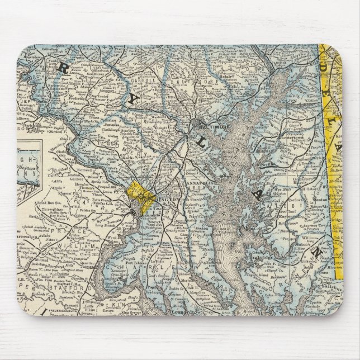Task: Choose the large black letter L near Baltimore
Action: coord(200,144)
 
